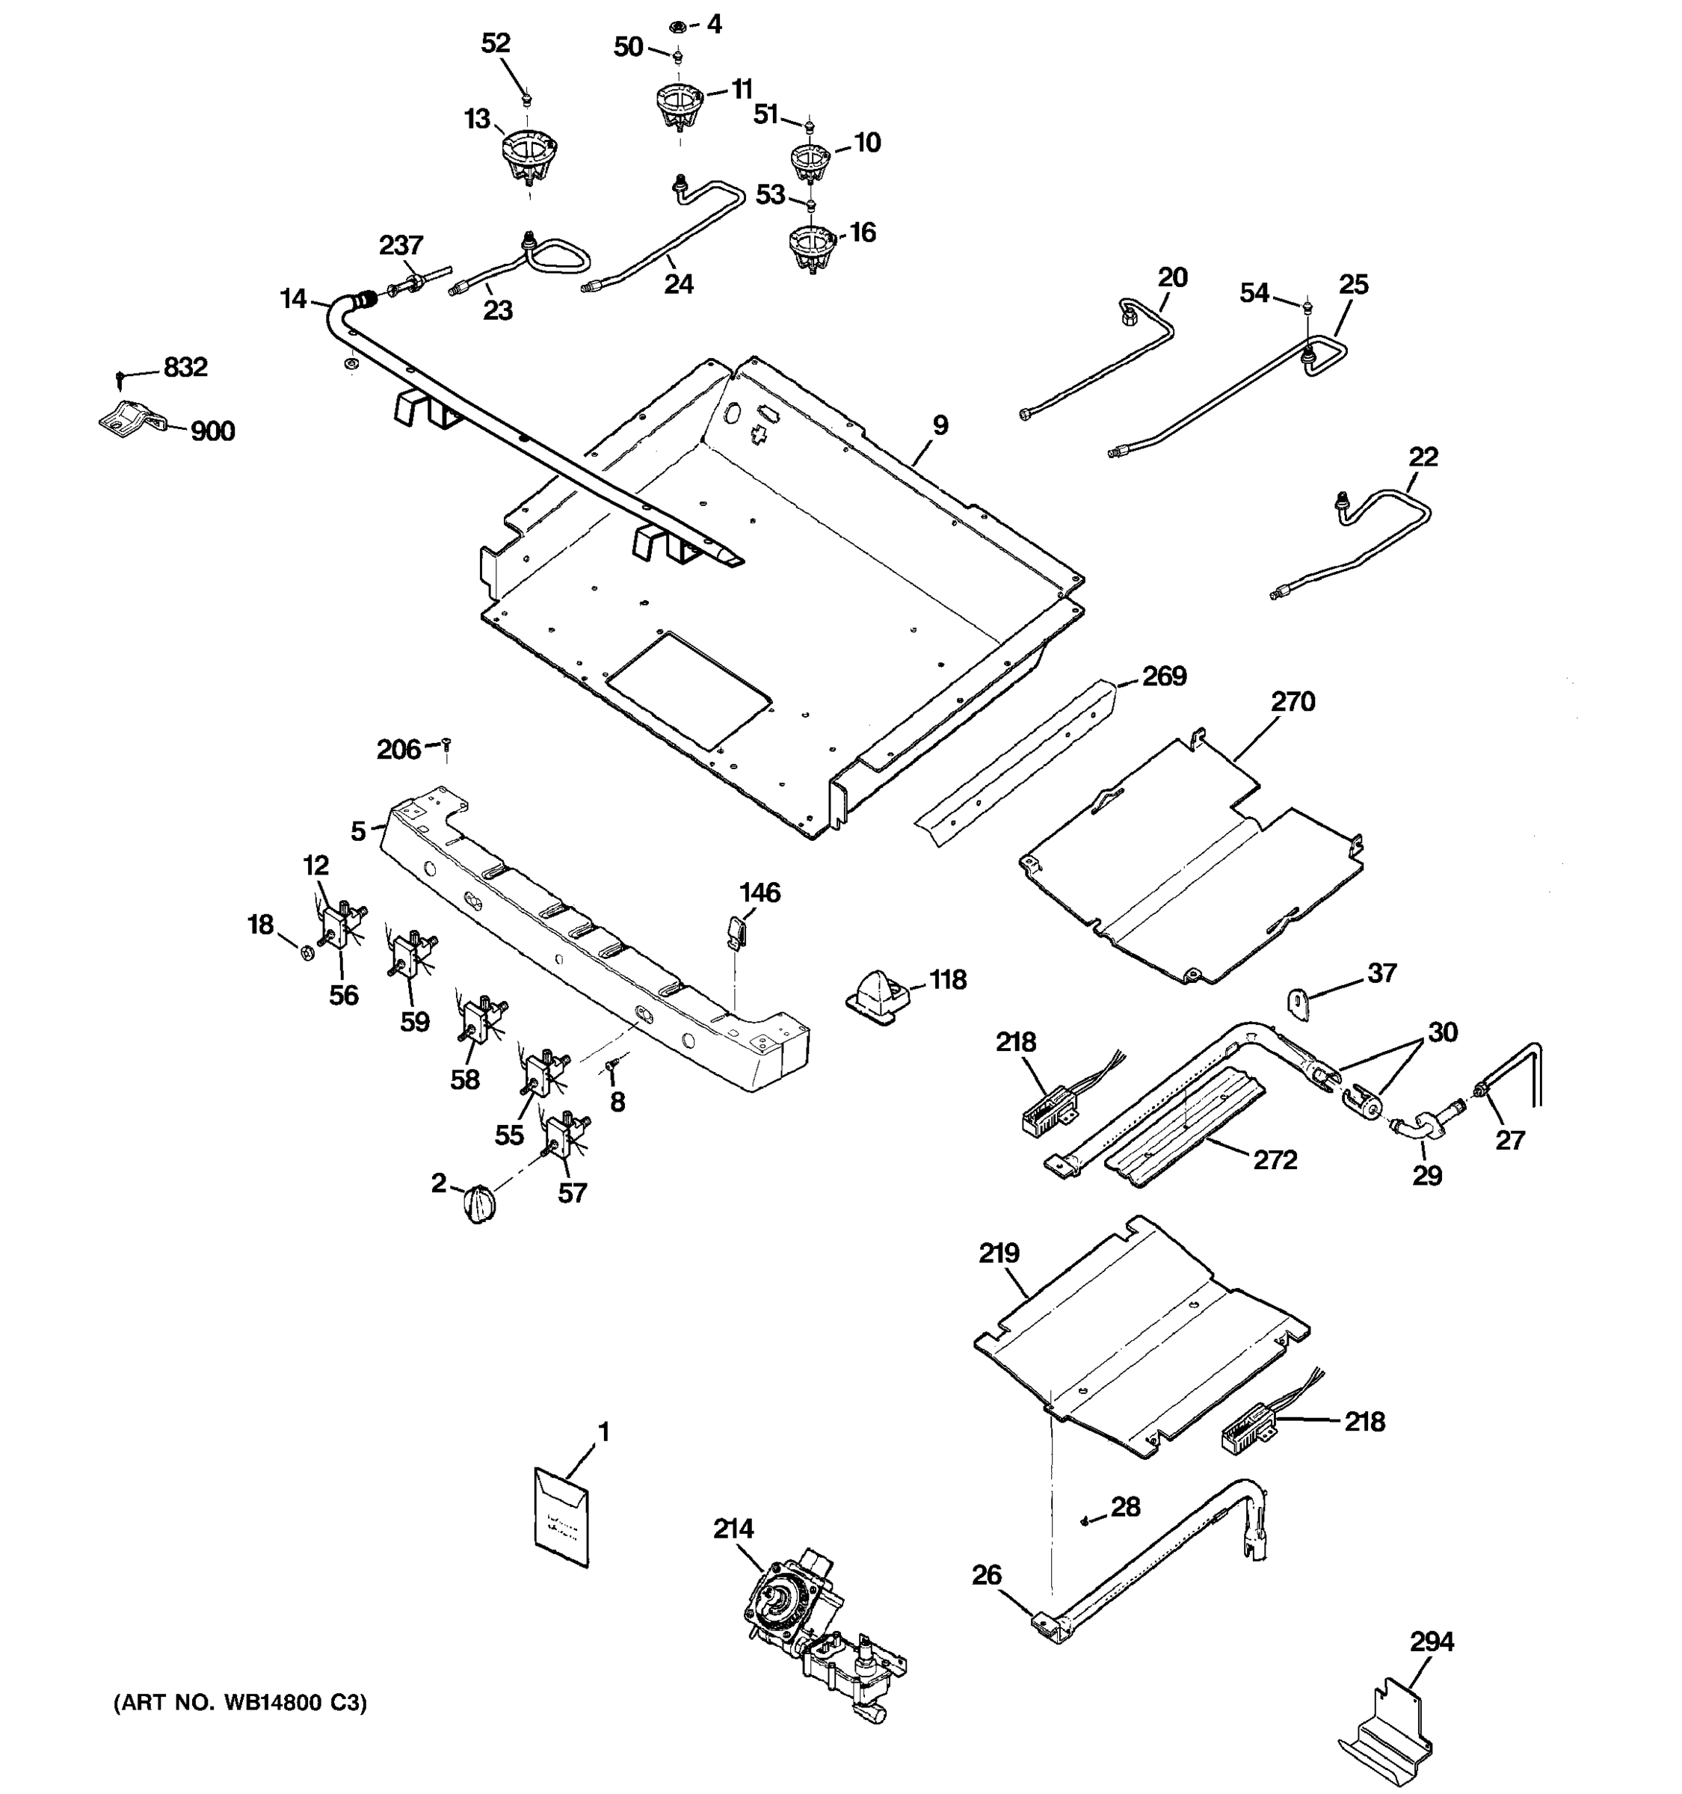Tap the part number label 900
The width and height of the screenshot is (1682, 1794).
pyautogui.click(x=212, y=431)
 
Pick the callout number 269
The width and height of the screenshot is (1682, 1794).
pyautogui.click(x=1164, y=676)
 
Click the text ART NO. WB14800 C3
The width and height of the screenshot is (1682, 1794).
pyautogui.click(x=240, y=1703)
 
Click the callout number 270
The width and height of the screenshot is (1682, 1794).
pyautogui.click(x=1293, y=701)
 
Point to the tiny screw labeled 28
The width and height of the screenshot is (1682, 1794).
pyautogui.click(x=1085, y=1521)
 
